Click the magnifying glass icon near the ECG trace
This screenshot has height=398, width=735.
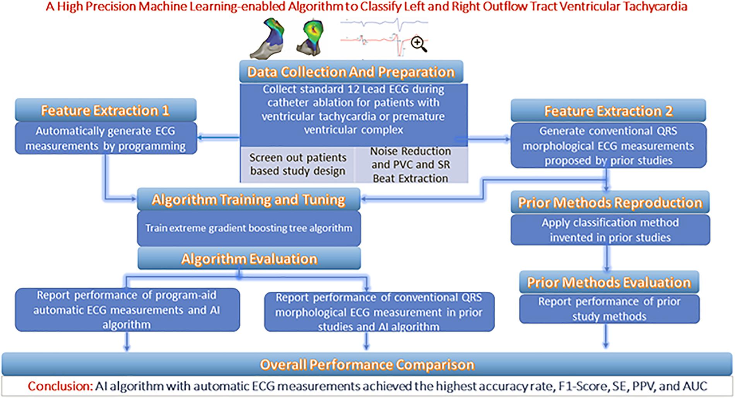tap(419, 44)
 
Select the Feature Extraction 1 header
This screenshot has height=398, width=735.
tap(106, 110)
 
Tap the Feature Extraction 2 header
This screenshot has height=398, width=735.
tap(609, 111)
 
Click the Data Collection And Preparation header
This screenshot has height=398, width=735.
tap(351, 72)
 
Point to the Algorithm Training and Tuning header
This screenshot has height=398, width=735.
tap(249, 199)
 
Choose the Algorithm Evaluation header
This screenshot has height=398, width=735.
tap(249, 259)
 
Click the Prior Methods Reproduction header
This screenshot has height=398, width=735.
tap(610, 202)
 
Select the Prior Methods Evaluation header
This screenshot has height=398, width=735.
tap(609, 282)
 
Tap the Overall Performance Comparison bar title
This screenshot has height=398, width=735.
tap(367, 364)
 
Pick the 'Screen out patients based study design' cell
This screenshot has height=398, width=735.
tap(297, 164)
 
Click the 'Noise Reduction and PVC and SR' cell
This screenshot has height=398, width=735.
tap(411, 164)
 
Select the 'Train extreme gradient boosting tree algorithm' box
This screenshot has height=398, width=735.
tap(249, 228)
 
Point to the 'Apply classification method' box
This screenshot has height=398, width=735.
tap(610, 230)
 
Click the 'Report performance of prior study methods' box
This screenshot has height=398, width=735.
tap(609, 309)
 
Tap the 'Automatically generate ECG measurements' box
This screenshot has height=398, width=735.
tap(106, 138)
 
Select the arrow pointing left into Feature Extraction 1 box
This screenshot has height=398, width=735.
tap(219, 136)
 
